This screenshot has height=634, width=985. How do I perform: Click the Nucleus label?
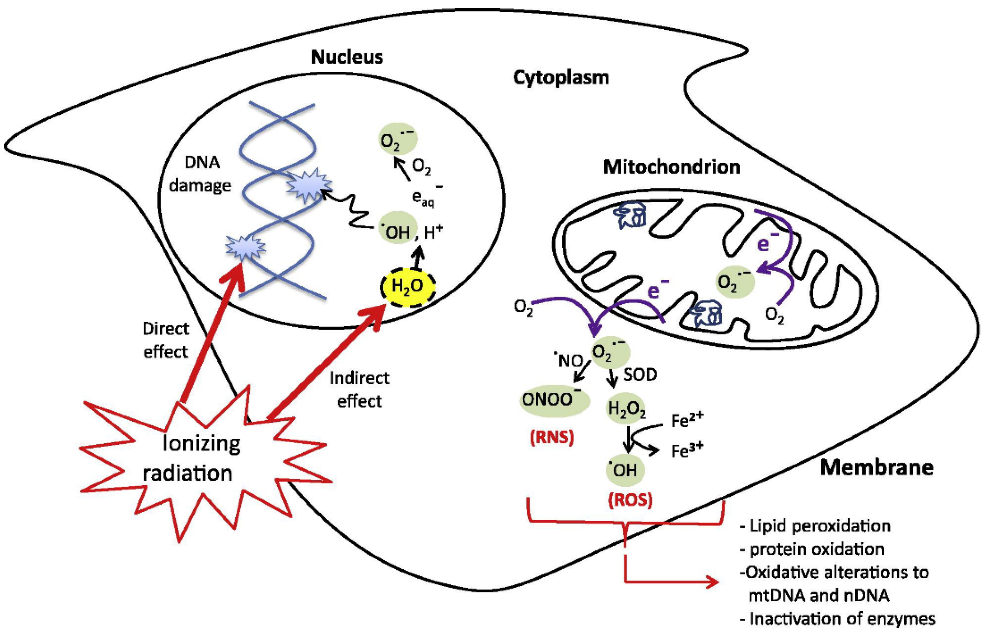(347, 57)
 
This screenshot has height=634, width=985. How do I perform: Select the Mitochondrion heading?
(671, 167)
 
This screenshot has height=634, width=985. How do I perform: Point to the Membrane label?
(876, 468)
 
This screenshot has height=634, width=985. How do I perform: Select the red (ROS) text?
(630, 500)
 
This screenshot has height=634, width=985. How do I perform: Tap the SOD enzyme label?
(640, 375)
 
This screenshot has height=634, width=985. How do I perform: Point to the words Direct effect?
(165, 340)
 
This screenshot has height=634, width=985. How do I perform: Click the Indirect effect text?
(359, 390)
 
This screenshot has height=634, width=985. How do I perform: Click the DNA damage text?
(201, 174)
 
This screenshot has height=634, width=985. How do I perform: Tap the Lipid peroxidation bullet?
(815, 526)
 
